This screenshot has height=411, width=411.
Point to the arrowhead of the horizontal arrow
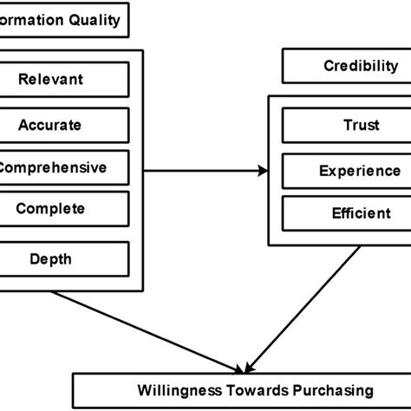[x=263, y=171]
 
